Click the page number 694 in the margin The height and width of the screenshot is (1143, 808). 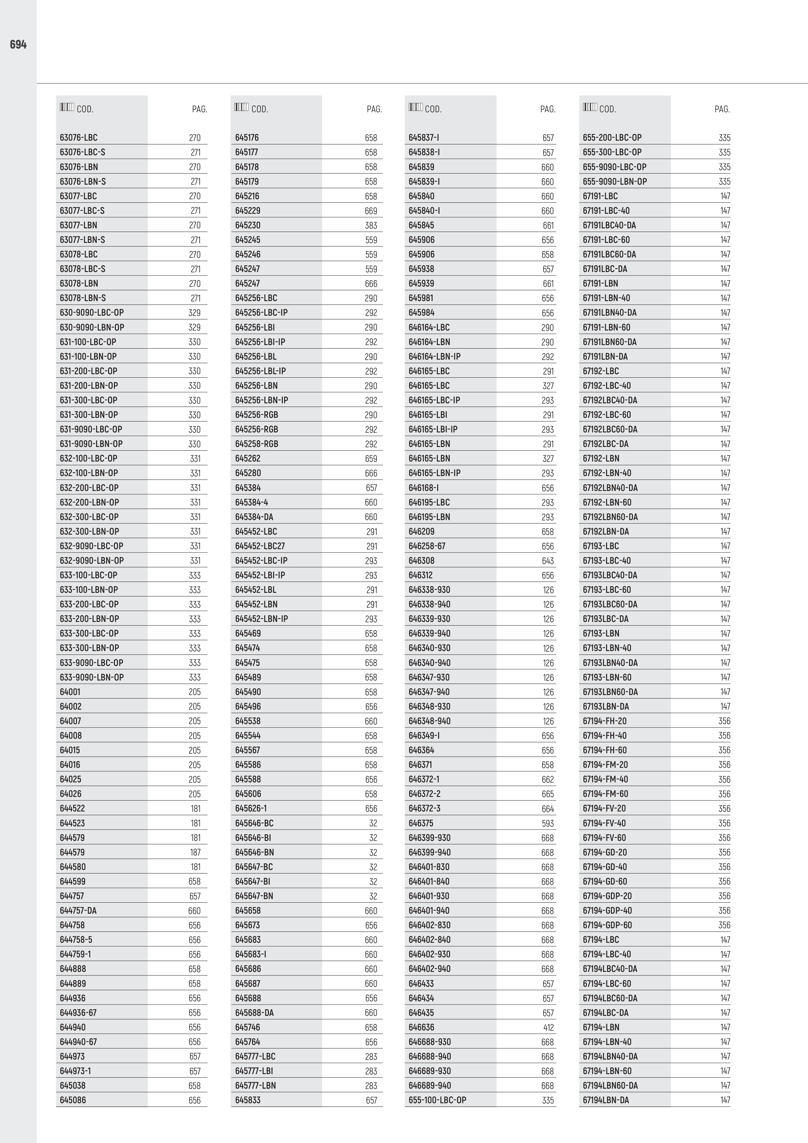(18, 45)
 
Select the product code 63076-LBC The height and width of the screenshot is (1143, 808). (79, 137)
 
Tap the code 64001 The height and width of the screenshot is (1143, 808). (70, 691)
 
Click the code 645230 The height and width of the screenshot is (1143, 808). (248, 225)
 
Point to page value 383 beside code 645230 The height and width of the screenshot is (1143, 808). (371, 225)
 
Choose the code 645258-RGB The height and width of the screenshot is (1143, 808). (257, 443)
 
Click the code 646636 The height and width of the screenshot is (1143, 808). (421, 1027)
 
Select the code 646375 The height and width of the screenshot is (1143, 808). (421, 823)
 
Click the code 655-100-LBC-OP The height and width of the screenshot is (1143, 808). (437, 1100)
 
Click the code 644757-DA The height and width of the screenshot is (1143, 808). (78, 910)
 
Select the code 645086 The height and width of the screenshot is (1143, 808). (73, 1100)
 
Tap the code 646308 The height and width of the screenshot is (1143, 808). (421, 561)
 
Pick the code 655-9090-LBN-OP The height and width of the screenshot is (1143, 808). (615, 181)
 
